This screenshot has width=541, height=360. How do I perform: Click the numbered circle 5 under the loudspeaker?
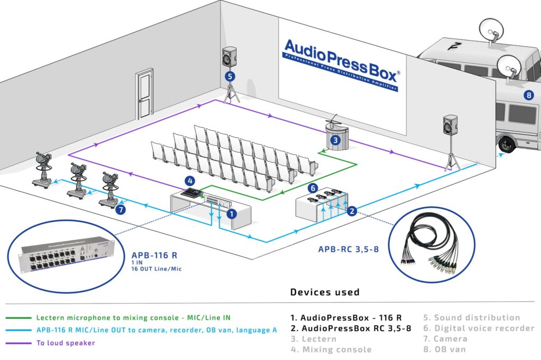(229, 76)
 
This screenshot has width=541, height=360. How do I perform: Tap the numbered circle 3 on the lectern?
(335, 140)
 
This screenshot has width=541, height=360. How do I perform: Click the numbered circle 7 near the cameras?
(122, 210)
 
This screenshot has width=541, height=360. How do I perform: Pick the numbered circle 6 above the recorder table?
(312, 187)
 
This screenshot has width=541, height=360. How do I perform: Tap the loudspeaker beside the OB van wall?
(450, 126)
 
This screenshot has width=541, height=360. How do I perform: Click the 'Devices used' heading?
(324, 292)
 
